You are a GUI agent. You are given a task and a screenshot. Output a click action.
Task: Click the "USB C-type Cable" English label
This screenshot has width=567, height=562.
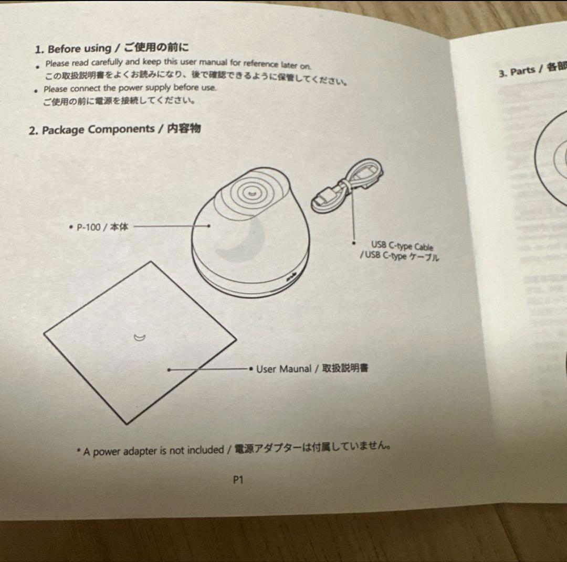click(x=402, y=245)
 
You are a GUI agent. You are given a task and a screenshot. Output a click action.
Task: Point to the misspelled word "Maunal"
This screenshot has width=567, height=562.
click(x=295, y=369)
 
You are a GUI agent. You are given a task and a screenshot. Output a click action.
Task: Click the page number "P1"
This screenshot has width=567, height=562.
click(x=238, y=479)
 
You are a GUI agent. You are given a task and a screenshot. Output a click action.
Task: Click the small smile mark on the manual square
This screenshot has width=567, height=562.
click(x=139, y=338)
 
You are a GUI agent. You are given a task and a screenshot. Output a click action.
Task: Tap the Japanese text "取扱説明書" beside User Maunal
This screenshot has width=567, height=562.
click(x=345, y=368)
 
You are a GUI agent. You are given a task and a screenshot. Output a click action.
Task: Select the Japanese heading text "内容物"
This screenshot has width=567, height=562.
click(x=183, y=128)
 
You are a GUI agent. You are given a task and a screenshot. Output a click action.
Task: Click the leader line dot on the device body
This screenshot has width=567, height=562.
click(x=209, y=226)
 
